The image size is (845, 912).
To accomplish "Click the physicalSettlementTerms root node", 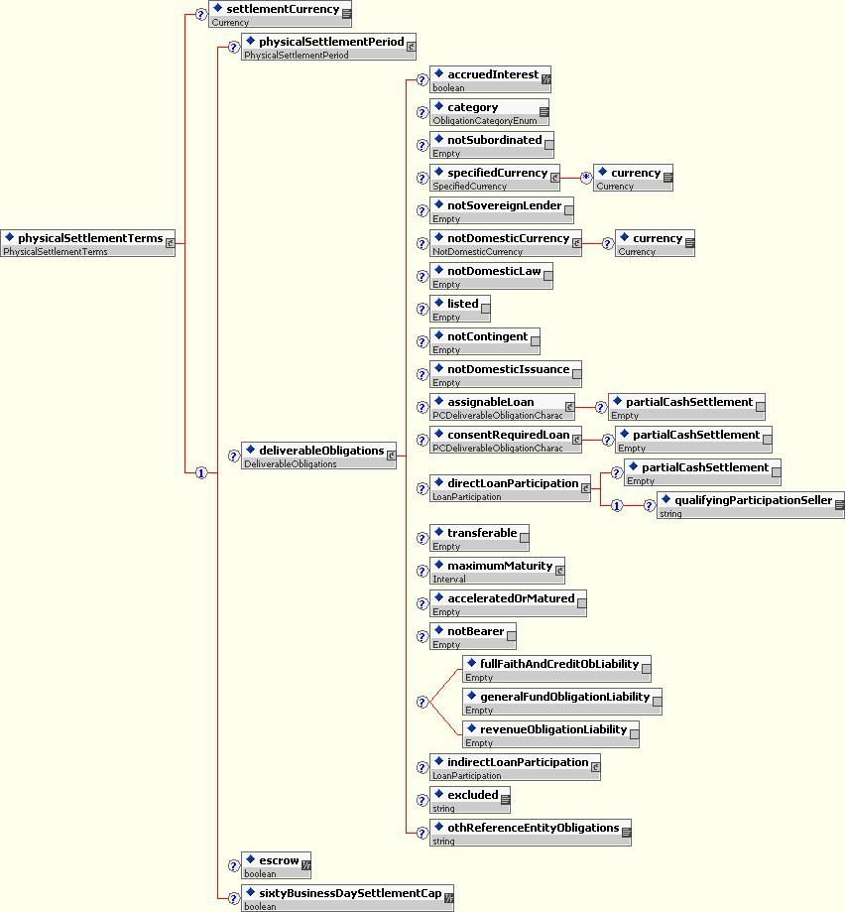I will tap(88, 243).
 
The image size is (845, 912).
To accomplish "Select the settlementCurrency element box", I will tap(281, 14).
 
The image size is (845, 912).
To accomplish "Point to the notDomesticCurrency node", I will tap(506, 243).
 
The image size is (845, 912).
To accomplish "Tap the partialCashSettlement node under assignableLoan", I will tap(686, 407).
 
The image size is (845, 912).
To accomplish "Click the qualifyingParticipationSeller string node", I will tap(751, 505).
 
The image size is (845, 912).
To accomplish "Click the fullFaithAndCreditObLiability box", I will tap(556, 669).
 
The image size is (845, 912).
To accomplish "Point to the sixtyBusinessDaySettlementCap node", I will tap(348, 898).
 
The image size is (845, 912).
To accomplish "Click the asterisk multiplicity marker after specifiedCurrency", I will tap(585, 178).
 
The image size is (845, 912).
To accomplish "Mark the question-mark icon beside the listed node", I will tap(422, 310).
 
